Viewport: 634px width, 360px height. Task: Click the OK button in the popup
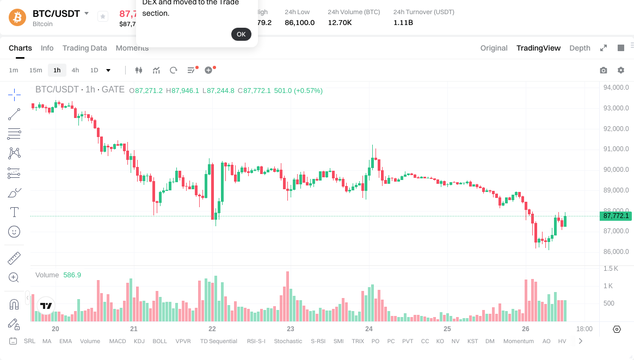coord(241,34)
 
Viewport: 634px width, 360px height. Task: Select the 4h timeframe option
coord(75,70)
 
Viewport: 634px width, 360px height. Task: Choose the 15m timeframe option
coord(35,70)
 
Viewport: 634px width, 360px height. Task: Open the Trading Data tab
coord(84,48)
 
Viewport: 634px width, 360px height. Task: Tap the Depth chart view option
coord(580,48)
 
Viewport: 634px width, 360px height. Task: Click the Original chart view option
coord(494,48)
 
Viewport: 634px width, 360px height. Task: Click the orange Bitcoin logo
coord(17,17)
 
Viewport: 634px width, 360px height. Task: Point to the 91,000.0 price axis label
coord(615,149)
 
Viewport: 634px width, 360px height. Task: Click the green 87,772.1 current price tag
coord(615,216)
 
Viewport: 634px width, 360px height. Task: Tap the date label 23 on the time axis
coord(291,329)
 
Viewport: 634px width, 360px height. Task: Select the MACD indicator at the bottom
coord(117,341)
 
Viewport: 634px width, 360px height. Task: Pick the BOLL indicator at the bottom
coord(159,341)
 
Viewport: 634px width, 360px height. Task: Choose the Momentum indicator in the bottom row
coord(518,341)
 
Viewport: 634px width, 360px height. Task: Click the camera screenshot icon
coord(604,70)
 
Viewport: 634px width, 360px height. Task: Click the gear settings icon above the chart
coord(621,70)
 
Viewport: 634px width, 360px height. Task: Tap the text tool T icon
coord(15,212)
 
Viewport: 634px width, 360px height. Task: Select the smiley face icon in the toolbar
coord(15,232)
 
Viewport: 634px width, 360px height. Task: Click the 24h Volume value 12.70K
coord(340,23)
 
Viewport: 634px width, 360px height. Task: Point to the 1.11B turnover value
coord(403,23)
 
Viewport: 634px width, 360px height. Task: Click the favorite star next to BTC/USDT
coord(103,17)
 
